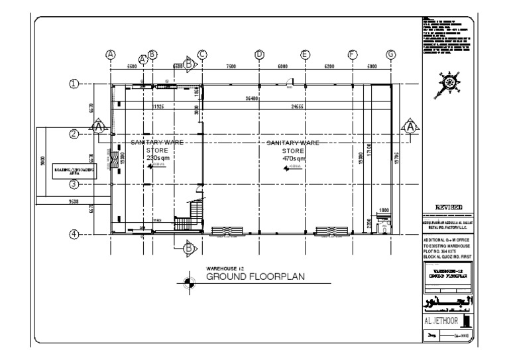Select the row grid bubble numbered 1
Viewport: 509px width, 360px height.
[x=75, y=84]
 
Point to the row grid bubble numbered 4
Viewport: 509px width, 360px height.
[x=75, y=233]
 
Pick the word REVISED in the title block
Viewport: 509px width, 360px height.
[x=448, y=207]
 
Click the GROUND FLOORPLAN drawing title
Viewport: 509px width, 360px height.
[x=255, y=276]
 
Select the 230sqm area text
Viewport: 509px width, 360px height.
[x=156, y=157]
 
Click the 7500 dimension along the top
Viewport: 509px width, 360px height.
[x=231, y=67]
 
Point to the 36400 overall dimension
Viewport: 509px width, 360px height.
[x=251, y=98]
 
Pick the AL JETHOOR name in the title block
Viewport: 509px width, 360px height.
[x=440, y=322]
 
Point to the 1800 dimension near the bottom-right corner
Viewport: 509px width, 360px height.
[x=383, y=210]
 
